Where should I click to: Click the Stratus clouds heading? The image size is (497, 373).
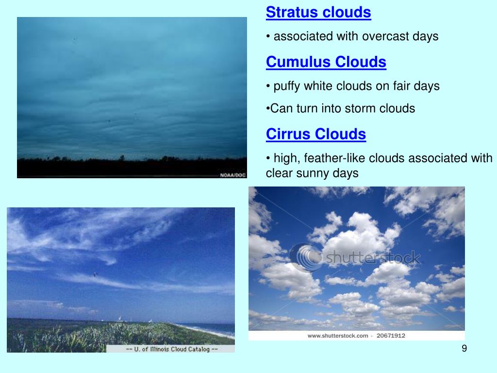[318, 13]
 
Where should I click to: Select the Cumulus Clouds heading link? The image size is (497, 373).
[326, 62]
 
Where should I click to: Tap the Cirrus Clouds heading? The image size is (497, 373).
[315, 134]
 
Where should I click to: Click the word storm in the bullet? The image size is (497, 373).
[360, 108]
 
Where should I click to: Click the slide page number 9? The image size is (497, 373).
[464, 349]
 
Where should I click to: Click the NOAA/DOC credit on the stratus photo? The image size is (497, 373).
[233, 175]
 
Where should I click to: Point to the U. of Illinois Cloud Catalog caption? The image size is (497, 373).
[171, 349]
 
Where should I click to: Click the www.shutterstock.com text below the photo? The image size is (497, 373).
[337, 336]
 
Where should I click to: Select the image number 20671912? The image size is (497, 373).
[392, 336]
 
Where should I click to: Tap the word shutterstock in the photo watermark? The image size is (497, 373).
[371, 257]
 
